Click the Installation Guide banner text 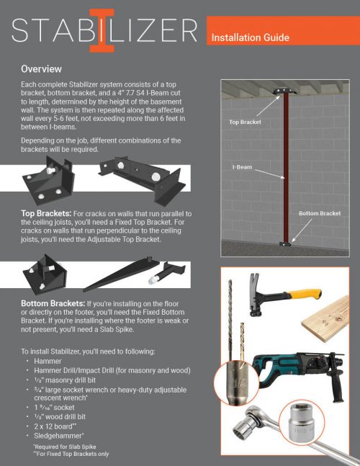[x=250, y=37]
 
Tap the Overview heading [x=45, y=69]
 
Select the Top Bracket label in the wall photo [x=244, y=123]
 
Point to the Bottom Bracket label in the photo [x=319, y=214]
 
